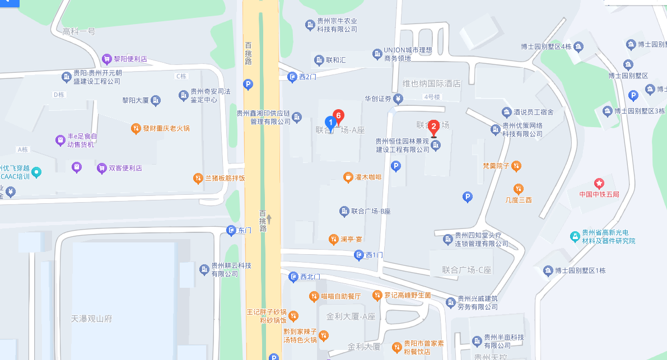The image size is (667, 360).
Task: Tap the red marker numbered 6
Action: click(x=338, y=115)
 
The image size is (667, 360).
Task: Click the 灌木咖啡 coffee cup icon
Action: click(x=348, y=177)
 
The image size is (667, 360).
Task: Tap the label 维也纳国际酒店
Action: click(x=431, y=83)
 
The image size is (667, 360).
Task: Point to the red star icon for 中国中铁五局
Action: click(x=599, y=183)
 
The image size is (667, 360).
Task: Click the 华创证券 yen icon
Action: click(x=398, y=100)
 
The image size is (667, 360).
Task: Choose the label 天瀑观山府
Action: click(x=92, y=319)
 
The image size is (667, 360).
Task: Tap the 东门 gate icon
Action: click(x=231, y=230)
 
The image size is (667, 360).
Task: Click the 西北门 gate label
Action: click(x=310, y=277)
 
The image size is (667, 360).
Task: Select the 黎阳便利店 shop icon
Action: click(x=106, y=58)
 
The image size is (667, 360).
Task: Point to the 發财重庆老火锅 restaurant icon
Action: click(x=136, y=128)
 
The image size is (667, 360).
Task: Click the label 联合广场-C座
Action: click(x=466, y=270)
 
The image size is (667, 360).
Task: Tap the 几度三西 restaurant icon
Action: click(x=519, y=189)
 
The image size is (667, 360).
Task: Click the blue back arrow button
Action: click(x=9, y=3)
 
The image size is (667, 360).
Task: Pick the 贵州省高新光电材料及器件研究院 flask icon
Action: click(x=574, y=237)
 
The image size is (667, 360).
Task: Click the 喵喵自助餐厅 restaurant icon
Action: click(x=314, y=296)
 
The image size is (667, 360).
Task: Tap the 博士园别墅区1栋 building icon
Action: click(x=548, y=271)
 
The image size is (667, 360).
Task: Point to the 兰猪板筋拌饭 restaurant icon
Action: click(x=198, y=178)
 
